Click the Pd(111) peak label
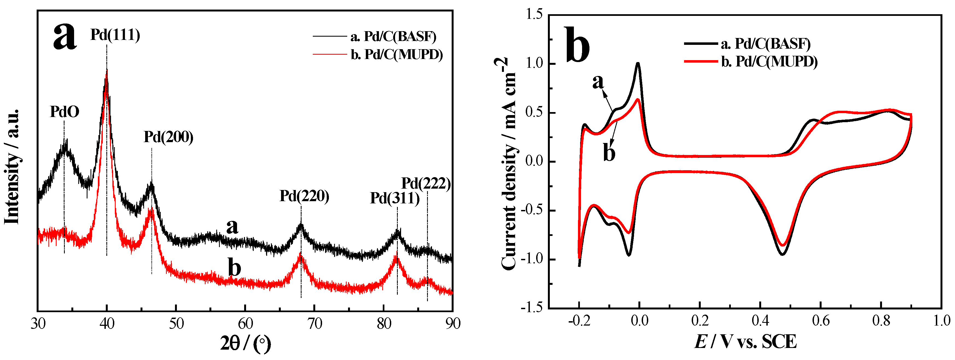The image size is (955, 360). point(115,35)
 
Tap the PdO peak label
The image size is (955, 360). point(65,112)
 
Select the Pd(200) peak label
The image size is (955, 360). point(169,137)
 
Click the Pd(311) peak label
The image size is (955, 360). point(395,198)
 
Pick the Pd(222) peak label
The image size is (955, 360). point(426,183)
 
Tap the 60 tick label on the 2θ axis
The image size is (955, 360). point(245,324)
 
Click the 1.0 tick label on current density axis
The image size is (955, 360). point(534,64)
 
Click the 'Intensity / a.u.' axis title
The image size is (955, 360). point(12,167)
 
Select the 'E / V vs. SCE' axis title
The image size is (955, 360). point(745,341)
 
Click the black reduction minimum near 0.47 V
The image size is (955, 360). point(782,254)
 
